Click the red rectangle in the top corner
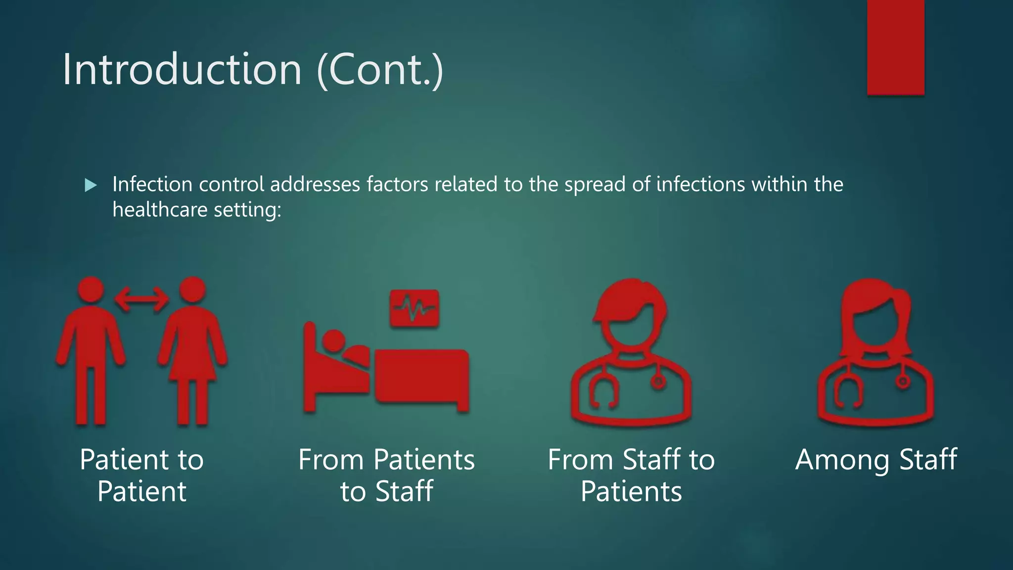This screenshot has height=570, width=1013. (895, 47)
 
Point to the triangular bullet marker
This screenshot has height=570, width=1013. (91, 186)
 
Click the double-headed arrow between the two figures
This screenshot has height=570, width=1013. (141, 299)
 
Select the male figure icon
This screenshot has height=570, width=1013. (91, 351)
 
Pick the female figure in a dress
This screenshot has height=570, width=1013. (192, 351)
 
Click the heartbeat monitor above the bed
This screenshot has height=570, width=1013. (414, 308)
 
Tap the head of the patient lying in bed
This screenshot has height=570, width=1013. (334, 341)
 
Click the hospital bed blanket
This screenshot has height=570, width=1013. (421, 376)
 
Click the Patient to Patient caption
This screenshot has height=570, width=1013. (141, 475)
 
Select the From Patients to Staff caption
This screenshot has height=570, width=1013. (386, 475)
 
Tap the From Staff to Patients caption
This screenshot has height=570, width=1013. (631, 475)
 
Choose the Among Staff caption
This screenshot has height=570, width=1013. (876, 460)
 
